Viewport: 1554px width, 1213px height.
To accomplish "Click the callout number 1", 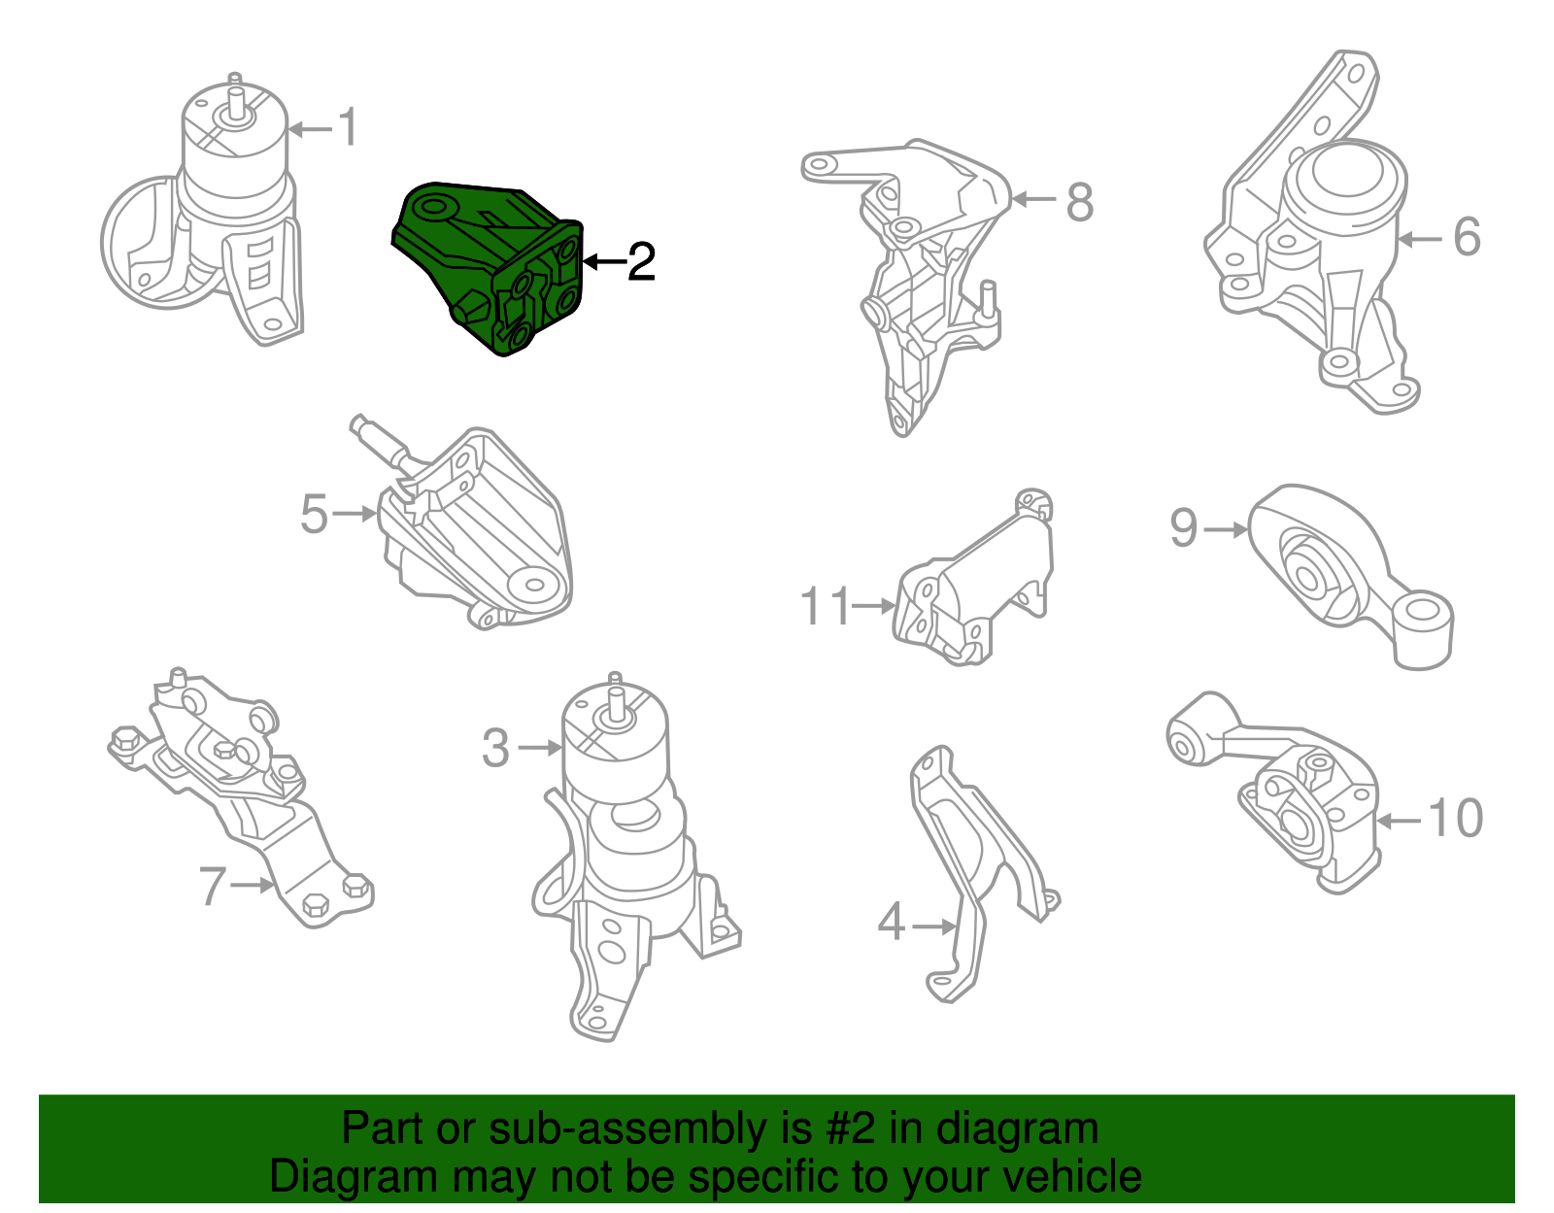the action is tap(349, 127).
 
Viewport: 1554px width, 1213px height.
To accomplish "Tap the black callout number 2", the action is tap(641, 261).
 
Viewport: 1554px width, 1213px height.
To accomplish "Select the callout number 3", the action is tap(495, 749).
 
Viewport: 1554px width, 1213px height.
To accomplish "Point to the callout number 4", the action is tap(892, 922).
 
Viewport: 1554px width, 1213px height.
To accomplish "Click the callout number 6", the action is tap(1467, 237).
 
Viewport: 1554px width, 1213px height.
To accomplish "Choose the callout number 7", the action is tap(213, 887).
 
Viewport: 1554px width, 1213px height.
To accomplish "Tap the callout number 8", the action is tap(1079, 202).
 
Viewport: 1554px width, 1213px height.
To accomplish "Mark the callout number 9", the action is tap(1184, 528).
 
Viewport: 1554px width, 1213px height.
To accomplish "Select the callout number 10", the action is tap(1455, 818).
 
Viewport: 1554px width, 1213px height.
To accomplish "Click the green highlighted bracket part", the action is tap(489, 268).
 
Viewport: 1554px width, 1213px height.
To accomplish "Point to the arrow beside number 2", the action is tap(604, 261).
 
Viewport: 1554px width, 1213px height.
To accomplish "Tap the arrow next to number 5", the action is tap(354, 513).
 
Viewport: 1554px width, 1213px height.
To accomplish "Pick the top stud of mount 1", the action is tap(235, 93).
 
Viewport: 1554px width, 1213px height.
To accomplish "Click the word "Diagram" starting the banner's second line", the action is tap(354, 1178).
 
